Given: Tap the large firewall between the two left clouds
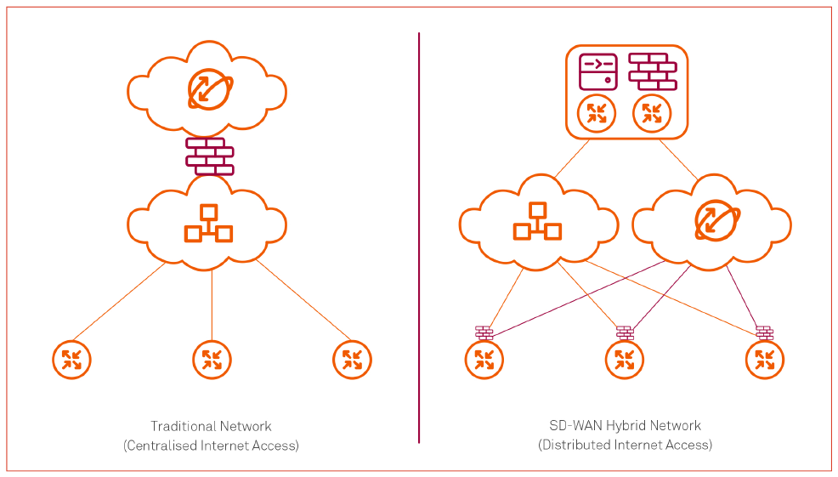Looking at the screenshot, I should [x=210, y=156].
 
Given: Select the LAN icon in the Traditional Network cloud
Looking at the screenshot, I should [x=208, y=224].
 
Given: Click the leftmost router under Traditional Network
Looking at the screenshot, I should [x=71, y=360].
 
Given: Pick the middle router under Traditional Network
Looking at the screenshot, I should [x=212, y=360].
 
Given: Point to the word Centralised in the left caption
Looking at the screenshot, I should [x=161, y=446].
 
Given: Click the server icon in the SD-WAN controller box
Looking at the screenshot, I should [x=597, y=72].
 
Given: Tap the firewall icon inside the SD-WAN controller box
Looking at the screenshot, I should [x=652, y=71].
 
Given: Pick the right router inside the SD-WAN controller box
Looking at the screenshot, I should [x=652, y=113].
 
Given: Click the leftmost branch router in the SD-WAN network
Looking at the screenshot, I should [x=484, y=360].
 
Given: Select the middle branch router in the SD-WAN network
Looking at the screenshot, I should [x=625, y=360].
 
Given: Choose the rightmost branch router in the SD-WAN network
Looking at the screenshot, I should [x=765, y=360].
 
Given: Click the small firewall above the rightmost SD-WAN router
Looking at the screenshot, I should [x=765, y=332].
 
